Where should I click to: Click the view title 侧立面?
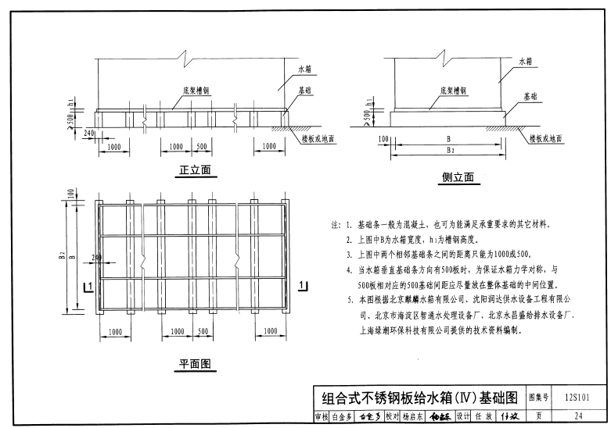458,177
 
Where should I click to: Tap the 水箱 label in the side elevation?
524,60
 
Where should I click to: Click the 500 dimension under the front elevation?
202,146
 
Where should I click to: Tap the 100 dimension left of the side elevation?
383,139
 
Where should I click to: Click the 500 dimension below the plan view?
202,331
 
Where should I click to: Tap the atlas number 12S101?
578,397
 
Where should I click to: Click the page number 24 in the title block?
578,416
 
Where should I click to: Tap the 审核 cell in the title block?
321,416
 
